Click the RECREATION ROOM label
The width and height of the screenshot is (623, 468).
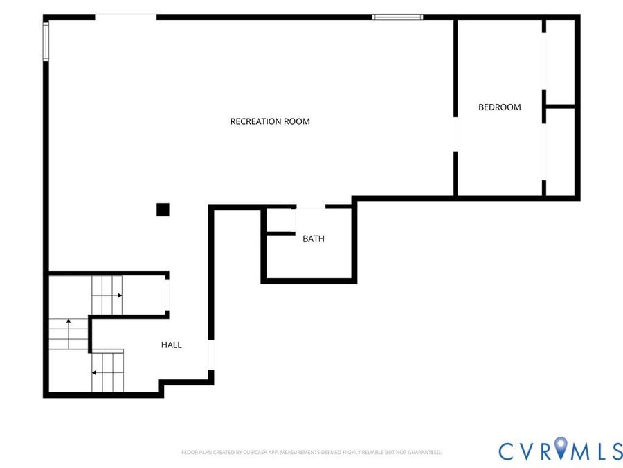point(270,121)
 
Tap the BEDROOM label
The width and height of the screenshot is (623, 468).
point(499,107)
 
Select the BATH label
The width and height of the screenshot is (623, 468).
point(314,239)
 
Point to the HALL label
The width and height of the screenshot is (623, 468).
point(171,345)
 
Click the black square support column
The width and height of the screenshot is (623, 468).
point(163,209)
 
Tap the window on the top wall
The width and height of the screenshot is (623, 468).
point(398,17)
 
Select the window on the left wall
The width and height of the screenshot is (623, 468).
point(46,42)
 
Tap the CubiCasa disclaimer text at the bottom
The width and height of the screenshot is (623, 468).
point(311,453)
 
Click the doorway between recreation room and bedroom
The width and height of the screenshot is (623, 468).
point(455,135)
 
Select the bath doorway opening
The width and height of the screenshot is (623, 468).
point(311,207)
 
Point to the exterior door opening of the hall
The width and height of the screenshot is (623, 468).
point(211,356)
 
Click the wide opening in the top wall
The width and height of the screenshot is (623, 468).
point(125,17)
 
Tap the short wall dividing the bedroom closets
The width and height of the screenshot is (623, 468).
point(560,106)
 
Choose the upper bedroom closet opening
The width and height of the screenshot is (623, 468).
point(544,61)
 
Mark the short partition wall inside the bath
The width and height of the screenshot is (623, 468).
point(280,233)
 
